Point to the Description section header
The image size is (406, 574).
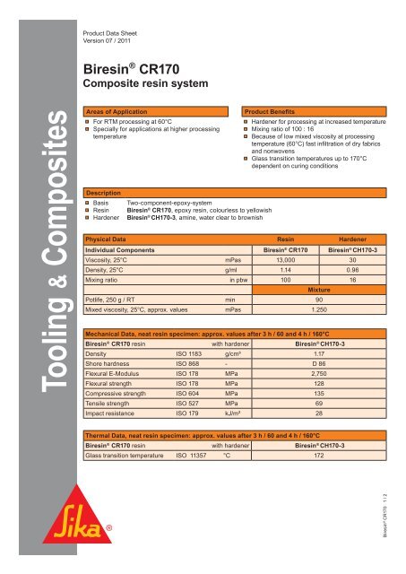104,192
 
